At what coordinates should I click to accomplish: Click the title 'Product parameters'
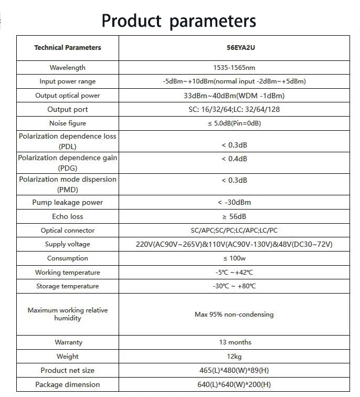click(x=179, y=20)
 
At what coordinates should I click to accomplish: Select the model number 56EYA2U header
click(x=234, y=48)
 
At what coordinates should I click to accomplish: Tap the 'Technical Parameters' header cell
click(x=68, y=48)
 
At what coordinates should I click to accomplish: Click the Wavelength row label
click(x=68, y=68)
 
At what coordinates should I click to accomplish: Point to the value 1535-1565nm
click(x=234, y=68)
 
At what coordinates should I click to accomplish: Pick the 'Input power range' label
click(x=68, y=81)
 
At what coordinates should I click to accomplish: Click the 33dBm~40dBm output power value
click(x=234, y=96)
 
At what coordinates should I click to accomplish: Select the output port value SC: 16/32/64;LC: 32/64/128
click(x=234, y=109)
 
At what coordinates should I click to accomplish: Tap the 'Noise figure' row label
click(x=68, y=123)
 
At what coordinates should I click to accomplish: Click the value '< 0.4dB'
click(x=234, y=159)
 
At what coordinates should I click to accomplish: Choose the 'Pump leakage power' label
click(x=68, y=203)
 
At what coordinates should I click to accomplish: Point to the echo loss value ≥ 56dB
click(x=234, y=216)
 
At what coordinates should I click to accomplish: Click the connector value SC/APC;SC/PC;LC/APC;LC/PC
click(x=234, y=231)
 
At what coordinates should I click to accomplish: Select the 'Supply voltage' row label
click(x=68, y=244)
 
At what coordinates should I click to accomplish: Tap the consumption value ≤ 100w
click(x=234, y=258)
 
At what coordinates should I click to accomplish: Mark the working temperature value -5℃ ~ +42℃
click(x=234, y=273)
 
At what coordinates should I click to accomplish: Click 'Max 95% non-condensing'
click(x=234, y=315)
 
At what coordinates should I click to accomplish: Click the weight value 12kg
click(x=234, y=357)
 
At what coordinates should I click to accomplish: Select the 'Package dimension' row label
click(x=68, y=385)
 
